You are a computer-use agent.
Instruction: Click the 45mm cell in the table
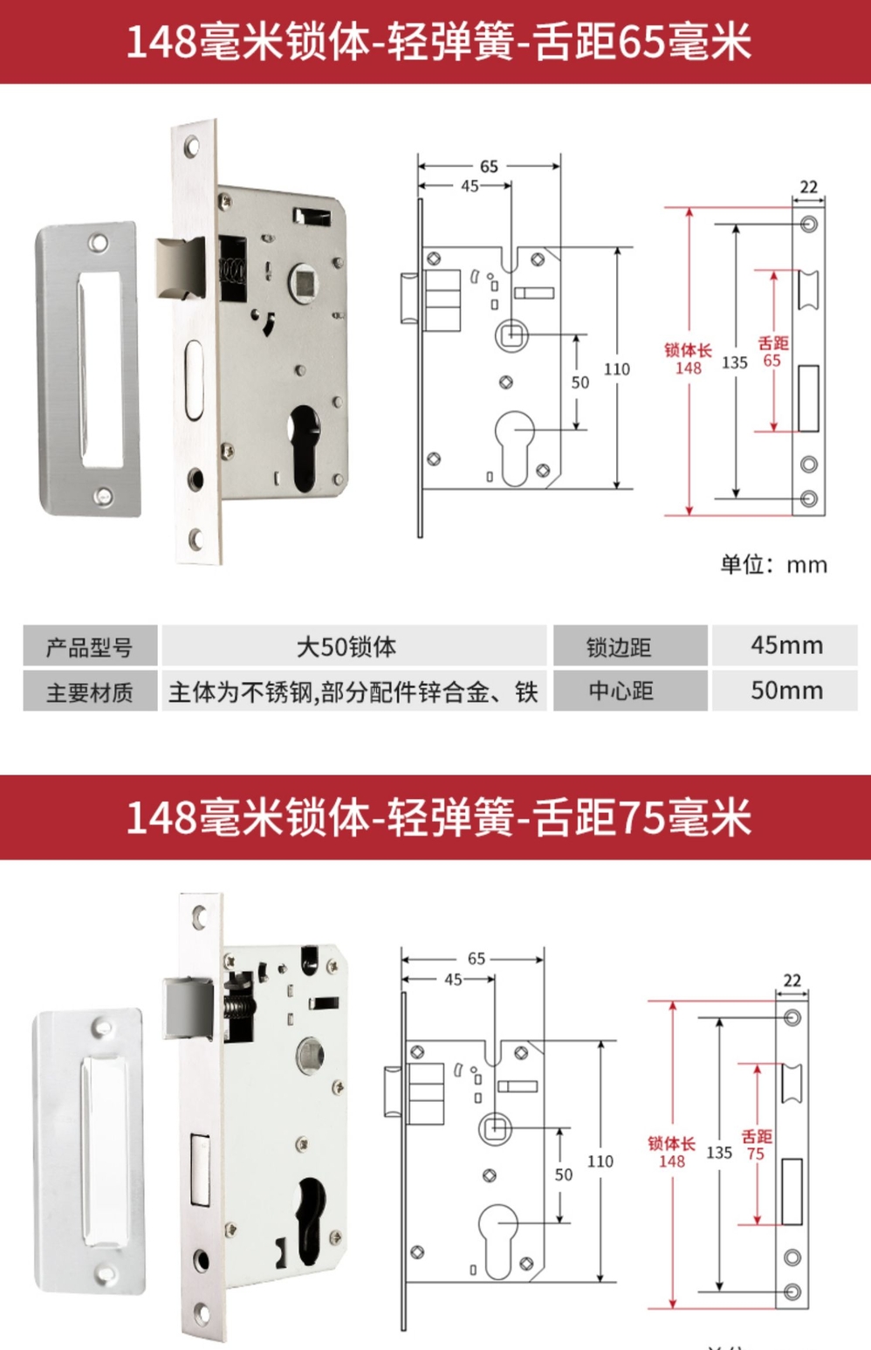(785, 645)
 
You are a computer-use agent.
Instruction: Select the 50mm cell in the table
(785, 691)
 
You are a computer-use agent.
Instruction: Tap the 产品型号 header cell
(91, 645)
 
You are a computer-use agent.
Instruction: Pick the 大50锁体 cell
(354, 645)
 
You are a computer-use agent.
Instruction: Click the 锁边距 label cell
(630, 645)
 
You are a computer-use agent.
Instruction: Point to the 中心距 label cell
(630, 691)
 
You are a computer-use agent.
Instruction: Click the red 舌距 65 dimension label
(773, 352)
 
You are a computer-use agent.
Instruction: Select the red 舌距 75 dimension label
(757, 1145)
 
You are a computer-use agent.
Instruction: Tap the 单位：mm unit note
(774, 565)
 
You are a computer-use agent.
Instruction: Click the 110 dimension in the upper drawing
(617, 368)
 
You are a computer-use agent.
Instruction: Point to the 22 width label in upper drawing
(808, 187)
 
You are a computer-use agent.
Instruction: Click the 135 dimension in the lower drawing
(719, 1153)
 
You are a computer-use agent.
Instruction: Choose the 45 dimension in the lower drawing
(453, 980)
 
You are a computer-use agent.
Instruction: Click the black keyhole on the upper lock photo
(305, 447)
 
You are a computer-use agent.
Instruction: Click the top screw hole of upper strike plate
(98, 244)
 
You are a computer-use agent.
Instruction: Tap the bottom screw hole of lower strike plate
(105, 1273)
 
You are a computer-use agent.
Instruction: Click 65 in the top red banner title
(642, 42)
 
